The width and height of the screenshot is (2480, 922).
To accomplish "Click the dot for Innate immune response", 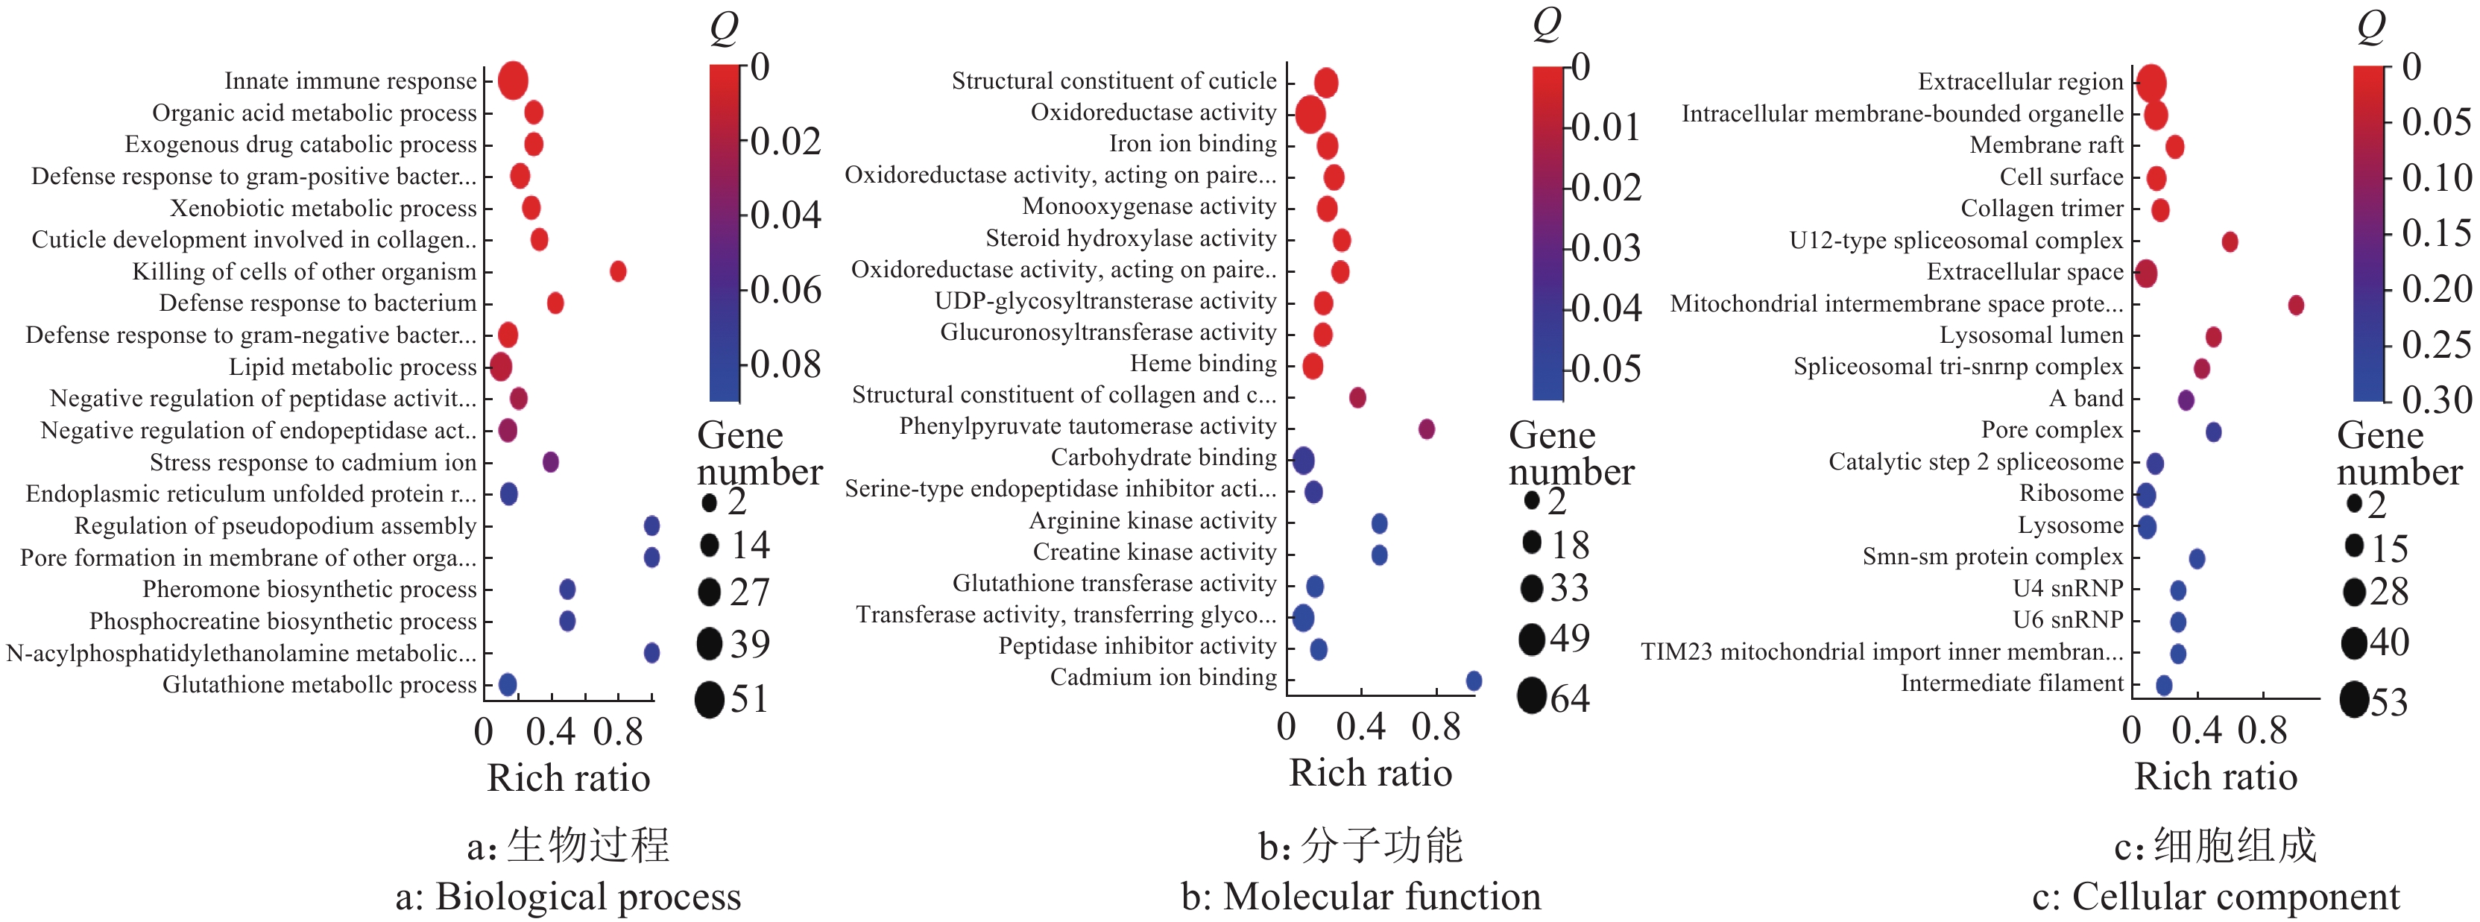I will tap(513, 80).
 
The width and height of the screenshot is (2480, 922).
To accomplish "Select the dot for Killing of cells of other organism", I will tap(618, 271).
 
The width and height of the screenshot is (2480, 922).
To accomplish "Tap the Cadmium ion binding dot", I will tap(1473, 681).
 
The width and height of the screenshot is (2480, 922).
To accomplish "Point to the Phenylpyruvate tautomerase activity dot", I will tap(1427, 429).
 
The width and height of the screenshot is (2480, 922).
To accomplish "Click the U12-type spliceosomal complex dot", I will tap(2230, 241).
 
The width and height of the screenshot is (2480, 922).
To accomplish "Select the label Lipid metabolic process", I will tap(353, 367).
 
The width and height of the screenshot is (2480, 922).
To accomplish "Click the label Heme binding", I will tap(1203, 364).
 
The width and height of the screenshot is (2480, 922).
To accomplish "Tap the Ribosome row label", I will tap(2071, 493).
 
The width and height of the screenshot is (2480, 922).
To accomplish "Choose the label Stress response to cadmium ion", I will tap(313, 463).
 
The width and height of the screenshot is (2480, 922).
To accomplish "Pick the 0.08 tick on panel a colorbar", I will tap(785, 364).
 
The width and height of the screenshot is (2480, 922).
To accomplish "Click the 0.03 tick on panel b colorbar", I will tap(1606, 248).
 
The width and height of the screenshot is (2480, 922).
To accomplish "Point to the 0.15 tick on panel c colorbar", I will tap(2436, 233).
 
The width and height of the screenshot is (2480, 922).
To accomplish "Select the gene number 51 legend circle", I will tap(710, 698).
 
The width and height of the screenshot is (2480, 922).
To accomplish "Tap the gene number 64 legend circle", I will tap(1532, 696).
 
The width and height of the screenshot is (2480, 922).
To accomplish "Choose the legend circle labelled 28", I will tap(2354, 592).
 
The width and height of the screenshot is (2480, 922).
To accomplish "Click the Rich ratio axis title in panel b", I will tap(1370, 773).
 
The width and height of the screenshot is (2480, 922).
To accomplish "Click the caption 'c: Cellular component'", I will tap(2215, 897).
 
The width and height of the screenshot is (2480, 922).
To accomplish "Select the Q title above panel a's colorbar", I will tap(724, 29).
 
